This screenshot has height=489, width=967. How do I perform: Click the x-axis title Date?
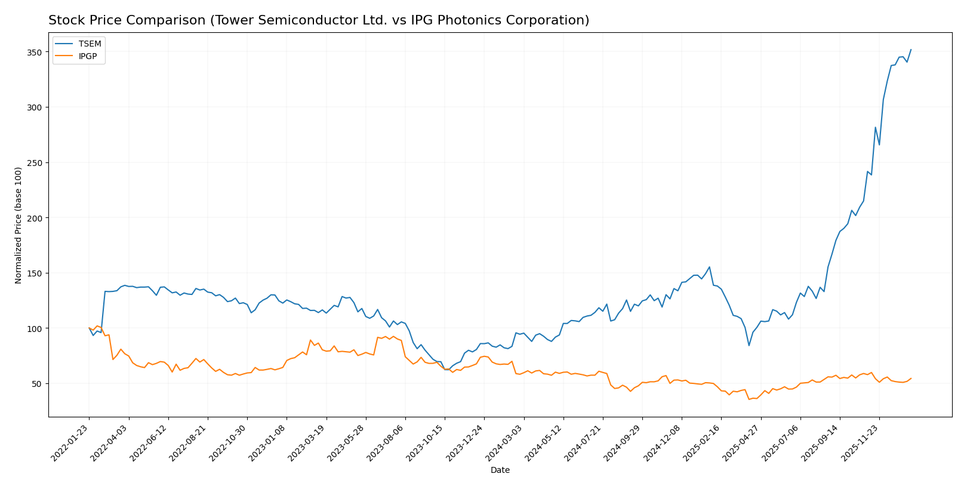coord(500,470)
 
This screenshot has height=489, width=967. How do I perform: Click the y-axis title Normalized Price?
coord(19,225)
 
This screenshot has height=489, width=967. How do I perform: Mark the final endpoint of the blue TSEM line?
coord(911,50)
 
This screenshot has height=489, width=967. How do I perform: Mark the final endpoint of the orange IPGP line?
coord(911,378)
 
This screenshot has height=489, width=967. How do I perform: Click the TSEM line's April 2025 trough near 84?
coord(749,346)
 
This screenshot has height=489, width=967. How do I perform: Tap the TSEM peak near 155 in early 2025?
coord(709,267)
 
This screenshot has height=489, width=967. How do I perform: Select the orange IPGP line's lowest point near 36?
coord(749,399)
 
